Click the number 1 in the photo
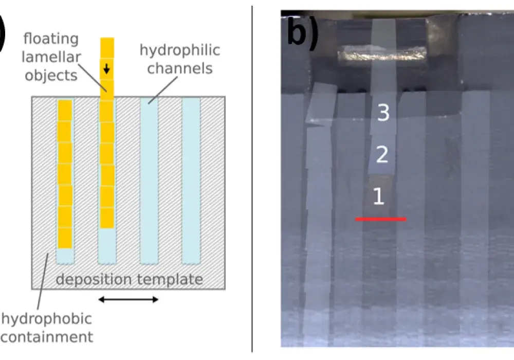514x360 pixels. pos(379,196)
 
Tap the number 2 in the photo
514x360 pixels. pos(382,154)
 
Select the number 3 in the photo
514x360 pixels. pos(383,113)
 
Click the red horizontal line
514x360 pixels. pos(380,219)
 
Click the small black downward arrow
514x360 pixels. pos(106,69)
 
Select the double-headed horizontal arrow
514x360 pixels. pos(128,299)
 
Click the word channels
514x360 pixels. pos(180,68)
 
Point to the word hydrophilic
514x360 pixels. pos(180,50)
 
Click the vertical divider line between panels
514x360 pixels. pos(252,180)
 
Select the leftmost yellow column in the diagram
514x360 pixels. pos(65,174)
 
